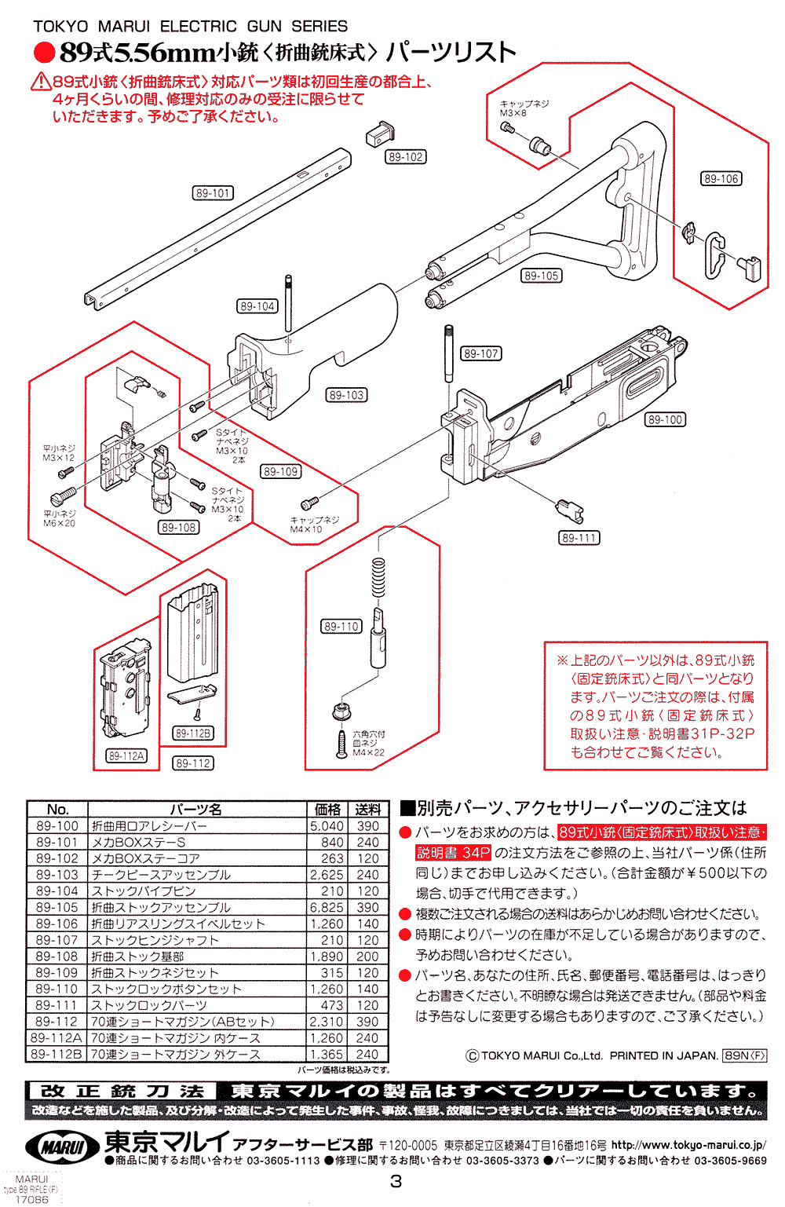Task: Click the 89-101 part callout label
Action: (x=213, y=193)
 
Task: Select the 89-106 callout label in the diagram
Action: (x=721, y=179)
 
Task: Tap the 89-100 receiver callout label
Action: (x=665, y=420)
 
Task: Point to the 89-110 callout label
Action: (x=341, y=627)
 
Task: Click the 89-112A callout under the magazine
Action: (x=126, y=756)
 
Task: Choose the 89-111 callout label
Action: (x=579, y=538)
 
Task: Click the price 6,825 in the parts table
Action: (x=327, y=907)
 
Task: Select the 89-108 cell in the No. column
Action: (x=57, y=956)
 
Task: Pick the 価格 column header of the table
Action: (x=327, y=810)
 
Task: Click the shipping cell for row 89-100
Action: (x=367, y=826)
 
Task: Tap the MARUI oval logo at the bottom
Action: (x=63, y=1147)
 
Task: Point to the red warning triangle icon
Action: (x=41, y=82)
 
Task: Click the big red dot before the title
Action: (x=44, y=53)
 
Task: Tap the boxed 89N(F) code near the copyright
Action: (x=744, y=1055)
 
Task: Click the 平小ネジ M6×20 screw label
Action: (x=59, y=518)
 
